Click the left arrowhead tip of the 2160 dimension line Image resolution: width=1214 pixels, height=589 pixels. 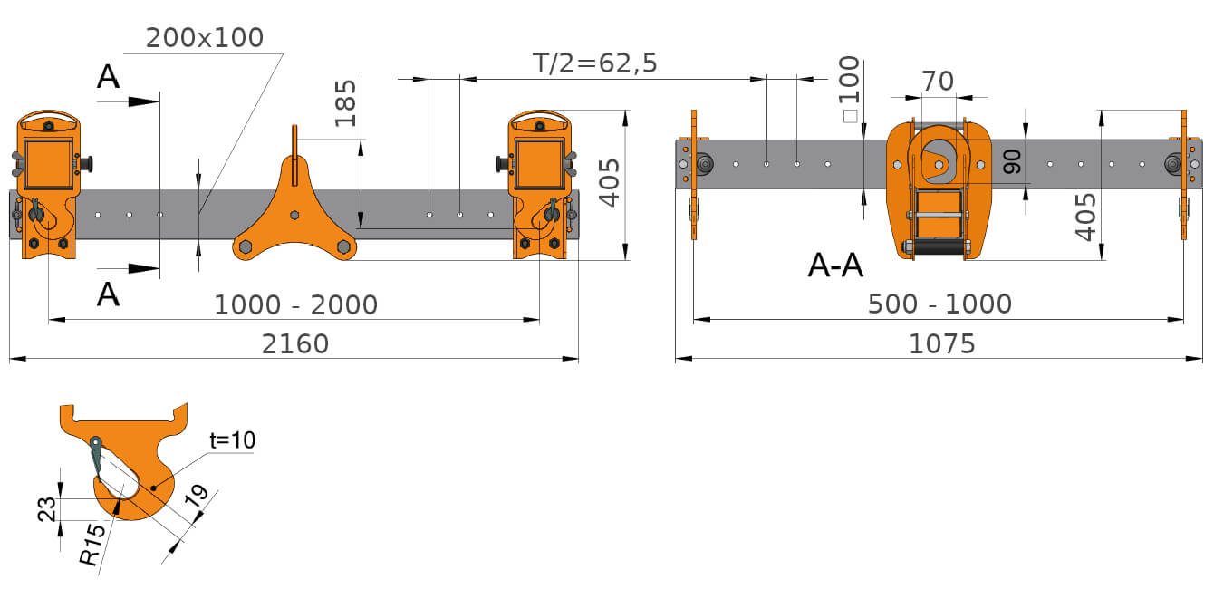tap(10, 358)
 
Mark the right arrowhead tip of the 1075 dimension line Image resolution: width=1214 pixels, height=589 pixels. tap(1202, 358)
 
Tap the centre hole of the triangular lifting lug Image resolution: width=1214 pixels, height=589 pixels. tap(294, 215)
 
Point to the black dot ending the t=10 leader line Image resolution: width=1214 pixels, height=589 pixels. tap(154, 488)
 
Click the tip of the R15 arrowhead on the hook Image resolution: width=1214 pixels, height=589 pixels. tap(117, 499)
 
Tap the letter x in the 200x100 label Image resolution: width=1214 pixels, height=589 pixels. tap(204, 40)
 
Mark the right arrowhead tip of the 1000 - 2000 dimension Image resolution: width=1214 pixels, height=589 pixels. tap(539, 320)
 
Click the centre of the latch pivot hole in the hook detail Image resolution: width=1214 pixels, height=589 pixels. tap(95, 441)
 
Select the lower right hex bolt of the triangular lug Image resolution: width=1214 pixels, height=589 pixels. tap(343, 247)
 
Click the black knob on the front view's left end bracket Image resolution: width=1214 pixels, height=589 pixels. tap(86, 163)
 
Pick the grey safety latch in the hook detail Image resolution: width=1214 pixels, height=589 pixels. tap(96, 459)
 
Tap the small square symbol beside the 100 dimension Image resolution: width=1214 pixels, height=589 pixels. tap(851, 116)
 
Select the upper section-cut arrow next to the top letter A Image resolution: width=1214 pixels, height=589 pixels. tap(129, 101)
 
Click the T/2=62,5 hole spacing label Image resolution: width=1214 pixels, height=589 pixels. tap(594, 63)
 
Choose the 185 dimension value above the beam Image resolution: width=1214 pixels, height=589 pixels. tap(345, 103)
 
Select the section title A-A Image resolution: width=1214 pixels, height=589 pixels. tap(835, 266)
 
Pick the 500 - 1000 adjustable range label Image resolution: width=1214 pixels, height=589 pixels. tap(939, 304)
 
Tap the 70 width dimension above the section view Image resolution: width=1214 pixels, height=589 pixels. tap(938, 82)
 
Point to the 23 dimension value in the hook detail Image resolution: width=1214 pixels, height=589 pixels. tap(47, 509)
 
